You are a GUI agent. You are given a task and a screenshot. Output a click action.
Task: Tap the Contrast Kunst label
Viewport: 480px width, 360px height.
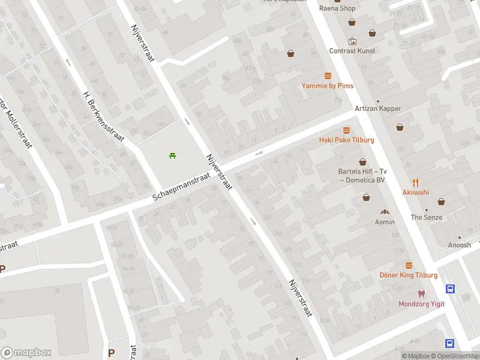click(352, 51)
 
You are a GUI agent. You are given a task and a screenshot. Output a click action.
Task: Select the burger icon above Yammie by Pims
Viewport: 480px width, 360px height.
click(328, 76)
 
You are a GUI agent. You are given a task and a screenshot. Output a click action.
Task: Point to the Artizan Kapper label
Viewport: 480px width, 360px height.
click(377, 109)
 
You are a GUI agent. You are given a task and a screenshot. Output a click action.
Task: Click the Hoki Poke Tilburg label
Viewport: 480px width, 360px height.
click(346, 140)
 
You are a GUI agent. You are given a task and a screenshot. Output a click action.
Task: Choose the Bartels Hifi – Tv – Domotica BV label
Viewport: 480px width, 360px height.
click(362, 175)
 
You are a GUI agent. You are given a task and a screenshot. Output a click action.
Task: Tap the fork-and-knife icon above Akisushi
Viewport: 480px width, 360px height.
click(415, 182)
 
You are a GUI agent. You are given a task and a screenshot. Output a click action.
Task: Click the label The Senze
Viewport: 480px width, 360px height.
click(426, 217)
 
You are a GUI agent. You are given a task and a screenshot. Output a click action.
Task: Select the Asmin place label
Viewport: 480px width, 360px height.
click(385, 222)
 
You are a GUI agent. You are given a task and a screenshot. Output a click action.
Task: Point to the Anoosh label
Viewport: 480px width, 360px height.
click(460, 245)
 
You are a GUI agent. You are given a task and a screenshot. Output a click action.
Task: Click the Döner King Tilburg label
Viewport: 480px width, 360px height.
click(409, 275)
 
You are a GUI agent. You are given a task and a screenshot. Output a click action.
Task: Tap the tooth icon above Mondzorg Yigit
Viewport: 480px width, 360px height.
click(422, 294)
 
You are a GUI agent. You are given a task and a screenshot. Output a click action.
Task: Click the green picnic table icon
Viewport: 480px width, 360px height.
click(173, 156)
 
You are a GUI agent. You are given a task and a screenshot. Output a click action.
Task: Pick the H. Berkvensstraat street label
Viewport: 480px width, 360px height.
click(104, 116)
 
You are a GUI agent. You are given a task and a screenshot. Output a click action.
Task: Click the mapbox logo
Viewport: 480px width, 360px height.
click(26, 353)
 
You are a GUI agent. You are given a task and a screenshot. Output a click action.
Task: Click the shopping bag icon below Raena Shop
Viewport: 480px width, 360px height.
click(352, 22)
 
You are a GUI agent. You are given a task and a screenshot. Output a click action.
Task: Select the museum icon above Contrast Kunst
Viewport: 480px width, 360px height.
click(352, 41)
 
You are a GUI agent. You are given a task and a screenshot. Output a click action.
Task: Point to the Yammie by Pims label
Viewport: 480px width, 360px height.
click(328, 86)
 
